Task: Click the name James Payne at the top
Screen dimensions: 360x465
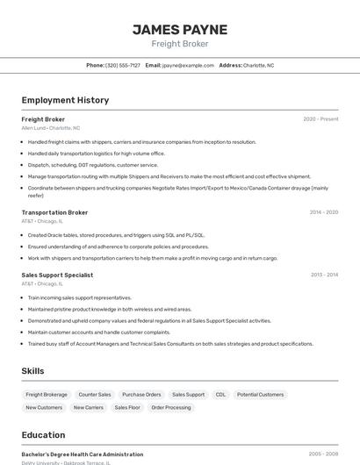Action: pos(180,29)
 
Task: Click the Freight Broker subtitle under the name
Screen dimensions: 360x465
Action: pos(180,44)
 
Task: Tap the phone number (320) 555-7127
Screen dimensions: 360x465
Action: pos(122,65)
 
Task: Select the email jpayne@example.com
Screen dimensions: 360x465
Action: pos(187,65)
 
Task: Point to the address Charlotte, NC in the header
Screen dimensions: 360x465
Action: pos(258,65)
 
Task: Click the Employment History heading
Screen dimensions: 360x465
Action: pos(65,100)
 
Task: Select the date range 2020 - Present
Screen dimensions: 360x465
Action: pos(320,119)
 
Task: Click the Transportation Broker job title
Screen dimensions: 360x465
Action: pos(54,212)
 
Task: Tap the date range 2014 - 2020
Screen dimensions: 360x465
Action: pos(323,212)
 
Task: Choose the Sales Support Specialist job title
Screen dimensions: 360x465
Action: pos(57,275)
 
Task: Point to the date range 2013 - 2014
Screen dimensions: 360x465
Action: pos(324,275)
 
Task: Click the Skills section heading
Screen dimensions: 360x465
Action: pos(32,371)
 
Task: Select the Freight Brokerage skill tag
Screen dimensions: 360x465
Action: pos(47,395)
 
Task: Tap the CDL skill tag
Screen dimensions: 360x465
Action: pos(220,395)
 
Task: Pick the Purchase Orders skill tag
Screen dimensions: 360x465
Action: pos(141,395)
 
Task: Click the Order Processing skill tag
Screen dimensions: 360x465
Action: pos(170,407)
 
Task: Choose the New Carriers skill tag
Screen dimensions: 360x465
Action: pos(88,407)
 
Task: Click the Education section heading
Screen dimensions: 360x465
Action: pos(43,435)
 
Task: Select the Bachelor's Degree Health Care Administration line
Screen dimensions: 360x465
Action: pos(82,454)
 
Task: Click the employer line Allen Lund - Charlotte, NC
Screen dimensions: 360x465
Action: pos(50,128)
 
